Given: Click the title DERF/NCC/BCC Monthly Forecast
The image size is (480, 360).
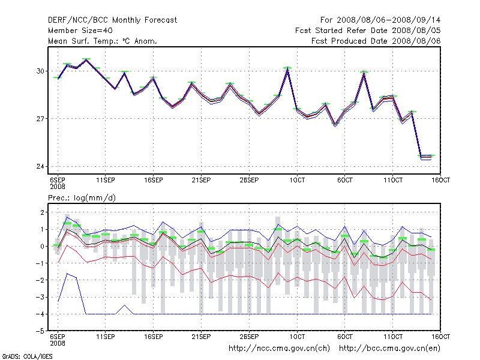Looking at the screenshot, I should tap(113, 20).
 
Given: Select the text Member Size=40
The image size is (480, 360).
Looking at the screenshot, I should tap(80, 31).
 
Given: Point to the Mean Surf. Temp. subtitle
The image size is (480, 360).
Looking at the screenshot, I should tap(103, 41).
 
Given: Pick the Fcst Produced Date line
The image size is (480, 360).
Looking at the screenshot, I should tap(376, 41).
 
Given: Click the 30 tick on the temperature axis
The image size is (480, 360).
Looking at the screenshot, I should tap(41, 71).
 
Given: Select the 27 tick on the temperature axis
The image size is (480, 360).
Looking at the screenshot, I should tap(41, 119).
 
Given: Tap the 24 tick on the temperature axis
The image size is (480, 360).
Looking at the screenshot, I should tap(41, 166).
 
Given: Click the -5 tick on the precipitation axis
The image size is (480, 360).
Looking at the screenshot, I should tap(40, 331).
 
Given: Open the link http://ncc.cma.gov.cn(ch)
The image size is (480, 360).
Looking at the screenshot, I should tap(280, 349).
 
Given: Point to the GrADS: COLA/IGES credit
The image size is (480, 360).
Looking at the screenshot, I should tap(24, 356).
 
